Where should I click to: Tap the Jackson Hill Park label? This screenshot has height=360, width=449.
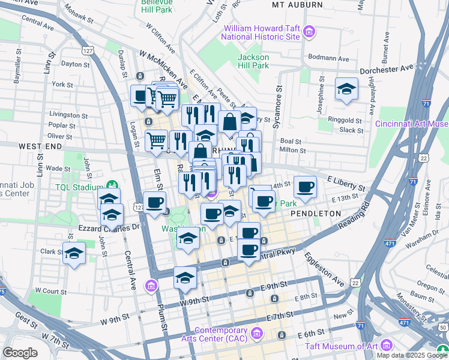(253, 61)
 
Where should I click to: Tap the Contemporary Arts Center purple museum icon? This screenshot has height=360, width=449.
(257, 332)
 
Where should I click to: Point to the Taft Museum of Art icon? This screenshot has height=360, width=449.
(386, 346)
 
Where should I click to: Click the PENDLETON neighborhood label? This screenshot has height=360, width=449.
(316, 214)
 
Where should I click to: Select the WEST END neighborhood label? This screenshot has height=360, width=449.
(40, 146)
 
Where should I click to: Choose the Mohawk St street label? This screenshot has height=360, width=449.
(77, 14)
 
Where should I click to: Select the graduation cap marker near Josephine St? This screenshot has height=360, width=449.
(346, 89)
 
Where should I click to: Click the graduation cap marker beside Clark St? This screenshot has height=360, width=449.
(74, 253)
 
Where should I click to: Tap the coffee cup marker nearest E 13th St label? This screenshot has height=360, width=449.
(305, 187)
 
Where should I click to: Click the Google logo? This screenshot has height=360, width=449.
(20, 353)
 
